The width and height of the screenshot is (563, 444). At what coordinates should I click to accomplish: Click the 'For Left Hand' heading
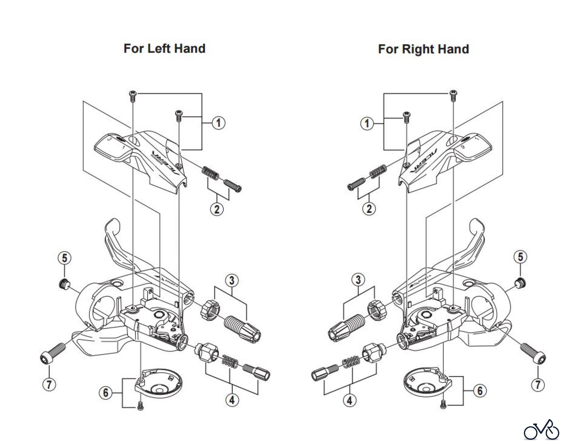click(x=165, y=49)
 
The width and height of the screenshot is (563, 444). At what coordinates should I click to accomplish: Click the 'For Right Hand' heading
click(x=423, y=49)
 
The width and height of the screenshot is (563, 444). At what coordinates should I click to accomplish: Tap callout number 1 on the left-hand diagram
click(x=218, y=123)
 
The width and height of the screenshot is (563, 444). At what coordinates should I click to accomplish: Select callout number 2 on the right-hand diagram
click(x=369, y=209)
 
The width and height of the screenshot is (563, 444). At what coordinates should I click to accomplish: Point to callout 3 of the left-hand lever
click(x=231, y=281)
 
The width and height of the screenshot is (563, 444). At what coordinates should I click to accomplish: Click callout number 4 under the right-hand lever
click(x=349, y=400)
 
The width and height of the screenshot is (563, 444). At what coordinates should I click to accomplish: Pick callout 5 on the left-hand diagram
click(x=64, y=258)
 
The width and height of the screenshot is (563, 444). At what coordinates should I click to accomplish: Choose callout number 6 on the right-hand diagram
click(x=480, y=390)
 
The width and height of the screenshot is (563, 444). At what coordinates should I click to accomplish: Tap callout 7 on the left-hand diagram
click(x=49, y=384)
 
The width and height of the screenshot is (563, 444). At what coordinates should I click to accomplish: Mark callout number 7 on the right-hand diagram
click(x=538, y=384)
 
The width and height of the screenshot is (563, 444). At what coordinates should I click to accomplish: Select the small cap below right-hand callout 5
click(x=521, y=282)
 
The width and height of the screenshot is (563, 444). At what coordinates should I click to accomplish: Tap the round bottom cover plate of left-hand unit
click(x=158, y=382)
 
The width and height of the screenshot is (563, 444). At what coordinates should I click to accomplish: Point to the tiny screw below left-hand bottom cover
click(x=140, y=406)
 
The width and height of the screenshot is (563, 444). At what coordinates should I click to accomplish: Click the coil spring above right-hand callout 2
click(x=377, y=172)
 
